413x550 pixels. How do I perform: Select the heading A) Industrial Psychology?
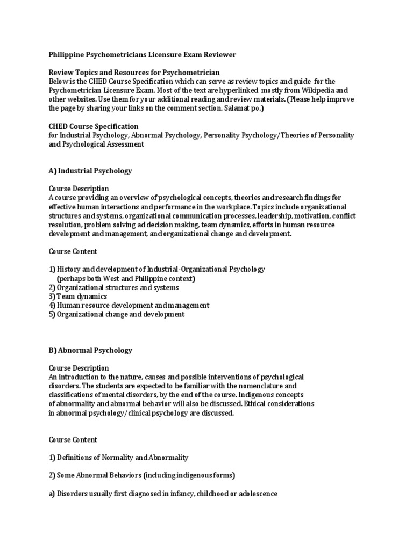[x=90, y=171]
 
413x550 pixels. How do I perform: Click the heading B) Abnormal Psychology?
[x=90, y=350]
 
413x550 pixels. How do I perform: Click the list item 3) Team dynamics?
[x=78, y=296]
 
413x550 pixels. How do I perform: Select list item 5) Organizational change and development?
[x=117, y=314]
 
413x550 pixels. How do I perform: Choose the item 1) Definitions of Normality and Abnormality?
[x=119, y=457]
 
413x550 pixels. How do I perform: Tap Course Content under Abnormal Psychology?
[x=73, y=439]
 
